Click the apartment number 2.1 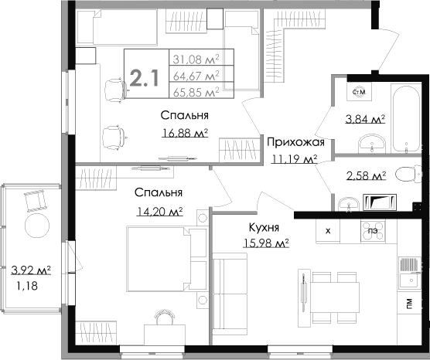[144, 77]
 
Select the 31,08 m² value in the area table [195, 59]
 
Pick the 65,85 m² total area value [195, 90]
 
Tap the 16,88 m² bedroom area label [186, 133]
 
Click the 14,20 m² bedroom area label [159, 209]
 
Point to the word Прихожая [290, 142]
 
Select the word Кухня [264, 227]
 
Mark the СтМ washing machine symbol [359, 93]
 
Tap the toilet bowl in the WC [406, 175]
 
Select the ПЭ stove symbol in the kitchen [373, 230]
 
